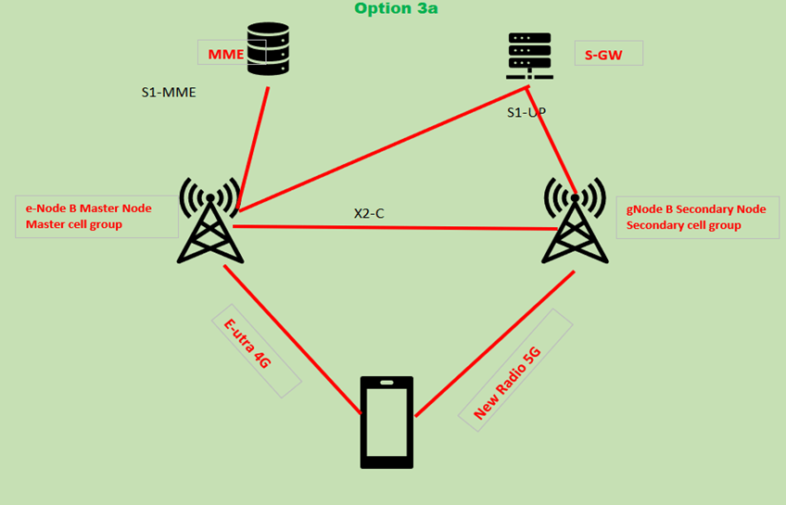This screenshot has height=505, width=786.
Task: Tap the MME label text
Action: click(225, 54)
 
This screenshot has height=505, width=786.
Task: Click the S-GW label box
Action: click(607, 55)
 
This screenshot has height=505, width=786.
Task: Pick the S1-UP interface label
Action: click(526, 112)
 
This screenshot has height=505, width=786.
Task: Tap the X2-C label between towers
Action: click(369, 213)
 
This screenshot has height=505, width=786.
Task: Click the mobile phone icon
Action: click(386, 421)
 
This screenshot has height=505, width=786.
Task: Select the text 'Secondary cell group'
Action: click(683, 225)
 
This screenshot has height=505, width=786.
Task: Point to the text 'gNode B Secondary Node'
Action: click(696, 208)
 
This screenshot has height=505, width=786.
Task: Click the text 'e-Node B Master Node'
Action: click(88, 208)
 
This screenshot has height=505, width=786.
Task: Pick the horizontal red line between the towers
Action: click(389, 227)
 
